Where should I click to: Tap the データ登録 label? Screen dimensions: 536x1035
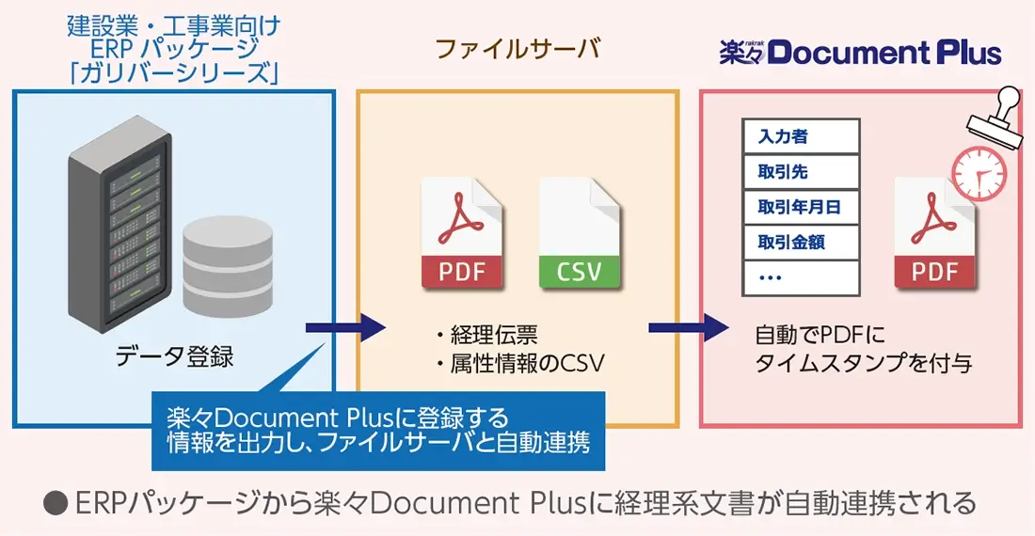(174, 357)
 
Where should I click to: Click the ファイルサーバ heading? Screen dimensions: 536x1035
(517, 50)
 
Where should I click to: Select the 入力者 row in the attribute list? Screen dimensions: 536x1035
(801, 136)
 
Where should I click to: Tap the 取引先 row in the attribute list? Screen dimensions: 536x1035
(801, 172)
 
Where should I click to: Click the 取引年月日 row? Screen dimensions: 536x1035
(801, 207)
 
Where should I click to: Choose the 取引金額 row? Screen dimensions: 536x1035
(801, 242)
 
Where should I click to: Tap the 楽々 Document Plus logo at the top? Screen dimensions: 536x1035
(860, 52)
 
